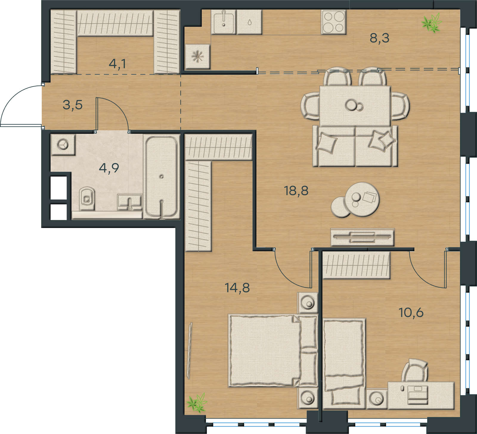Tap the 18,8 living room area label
point(296,191)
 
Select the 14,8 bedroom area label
point(237,288)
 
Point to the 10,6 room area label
point(411,313)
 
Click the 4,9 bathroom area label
point(109,168)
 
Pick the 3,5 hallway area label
point(73,105)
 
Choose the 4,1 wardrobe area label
point(117,64)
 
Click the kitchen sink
point(224,22)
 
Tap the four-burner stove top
point(334,22)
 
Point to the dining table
point(355,106)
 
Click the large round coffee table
point(362,199)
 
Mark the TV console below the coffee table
point(363,237)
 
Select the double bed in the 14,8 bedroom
point(272,351)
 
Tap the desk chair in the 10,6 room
point(415,371)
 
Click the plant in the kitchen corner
point(431,22)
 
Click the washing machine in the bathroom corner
point(63,145)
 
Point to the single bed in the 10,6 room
point(344,364)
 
